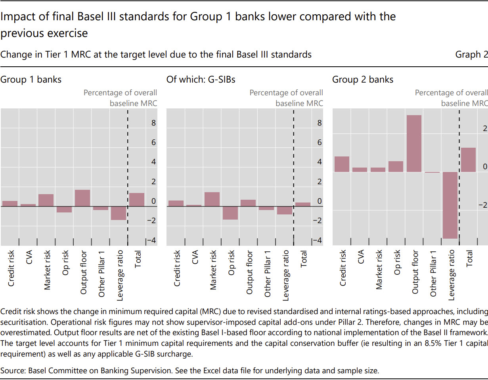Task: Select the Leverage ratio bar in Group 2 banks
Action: (x=450, y=205)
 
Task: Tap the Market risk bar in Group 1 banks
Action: (x=46, y=200)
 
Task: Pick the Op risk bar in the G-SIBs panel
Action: (x=230, y=213)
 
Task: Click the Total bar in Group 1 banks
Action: (x=137, y=200)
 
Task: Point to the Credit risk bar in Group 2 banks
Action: (x=342, y=164)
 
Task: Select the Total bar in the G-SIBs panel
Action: (x=303, y=204)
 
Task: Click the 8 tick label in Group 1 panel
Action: (x=153, y=123)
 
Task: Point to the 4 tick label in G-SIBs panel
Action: (x=319, y=162)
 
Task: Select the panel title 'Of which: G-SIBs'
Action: (x=201, y=79)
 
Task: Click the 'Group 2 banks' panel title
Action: (x=362, y=79)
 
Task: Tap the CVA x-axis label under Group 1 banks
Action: (x=29, y=258)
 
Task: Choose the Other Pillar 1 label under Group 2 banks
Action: (x=433, y=274)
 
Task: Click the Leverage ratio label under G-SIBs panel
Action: (x=286, y=274)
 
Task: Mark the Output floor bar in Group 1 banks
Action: (x=82, y=198)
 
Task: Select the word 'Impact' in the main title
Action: (x=16, y=17)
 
